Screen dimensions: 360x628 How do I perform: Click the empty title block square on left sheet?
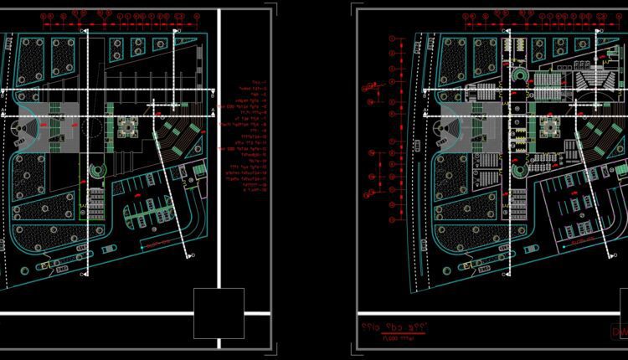219,313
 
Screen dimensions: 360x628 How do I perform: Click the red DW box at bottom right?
619,332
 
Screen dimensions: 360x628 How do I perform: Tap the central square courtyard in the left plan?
129,126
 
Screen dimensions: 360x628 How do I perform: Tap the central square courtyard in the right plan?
551,126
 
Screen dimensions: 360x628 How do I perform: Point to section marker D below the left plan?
193,255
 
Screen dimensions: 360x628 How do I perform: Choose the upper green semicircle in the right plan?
519,78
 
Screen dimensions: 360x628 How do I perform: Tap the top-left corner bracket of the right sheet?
358,12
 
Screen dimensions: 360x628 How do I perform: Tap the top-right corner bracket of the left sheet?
270,12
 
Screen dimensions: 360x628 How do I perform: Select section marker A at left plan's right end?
214,110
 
